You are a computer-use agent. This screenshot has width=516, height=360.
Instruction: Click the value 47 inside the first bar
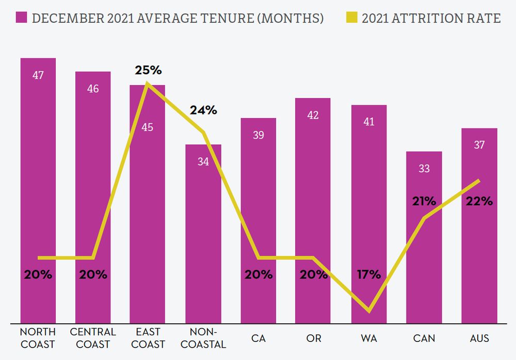tap(38, 75)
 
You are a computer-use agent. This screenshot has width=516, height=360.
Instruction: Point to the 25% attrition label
tap(148, 70)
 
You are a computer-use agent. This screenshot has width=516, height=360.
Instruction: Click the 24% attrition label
tap(203, 110)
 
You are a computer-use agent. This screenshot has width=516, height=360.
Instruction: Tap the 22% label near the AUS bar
tap(479, 201)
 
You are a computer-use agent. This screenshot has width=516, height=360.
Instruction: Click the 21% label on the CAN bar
tap(424, 201)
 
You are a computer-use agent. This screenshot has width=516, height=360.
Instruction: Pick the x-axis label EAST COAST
tap(148, 338)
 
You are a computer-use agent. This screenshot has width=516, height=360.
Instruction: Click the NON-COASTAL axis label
tap(203, 338)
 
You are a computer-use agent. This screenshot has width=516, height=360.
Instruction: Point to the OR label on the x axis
tap(314, 338)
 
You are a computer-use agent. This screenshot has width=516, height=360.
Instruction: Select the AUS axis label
tap(479, 338)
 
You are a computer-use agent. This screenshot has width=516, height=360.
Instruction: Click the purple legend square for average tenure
tap(21, 19)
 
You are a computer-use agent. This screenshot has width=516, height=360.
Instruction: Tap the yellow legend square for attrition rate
tap(351, 19)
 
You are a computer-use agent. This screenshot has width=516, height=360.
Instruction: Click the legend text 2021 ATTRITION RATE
tap(431, 19)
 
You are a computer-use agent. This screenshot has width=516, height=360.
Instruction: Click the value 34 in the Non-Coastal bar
tap(203, 161)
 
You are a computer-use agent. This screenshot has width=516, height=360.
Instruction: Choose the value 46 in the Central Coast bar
tap(93, 89)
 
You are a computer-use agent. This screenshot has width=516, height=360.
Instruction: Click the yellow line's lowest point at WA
tap(369, 311)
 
